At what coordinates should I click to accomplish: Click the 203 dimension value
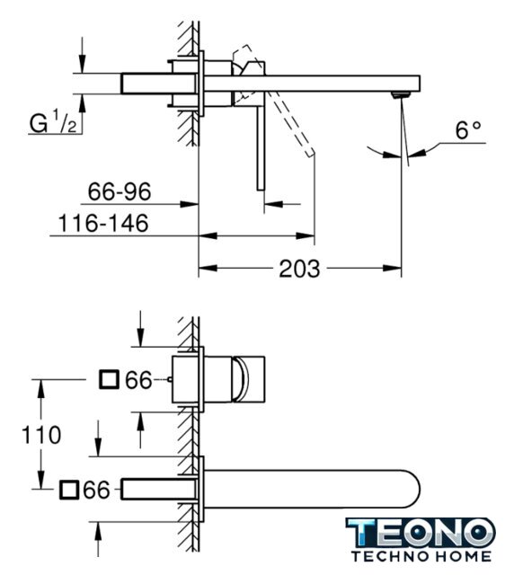299,269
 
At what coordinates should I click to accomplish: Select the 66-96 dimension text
120,191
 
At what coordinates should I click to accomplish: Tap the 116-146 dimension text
103,223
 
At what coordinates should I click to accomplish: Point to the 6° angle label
467,130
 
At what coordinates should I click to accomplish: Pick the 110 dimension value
41,435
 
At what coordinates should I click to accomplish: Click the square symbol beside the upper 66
110,379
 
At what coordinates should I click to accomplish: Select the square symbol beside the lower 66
69,490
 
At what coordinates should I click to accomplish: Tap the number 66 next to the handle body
138,380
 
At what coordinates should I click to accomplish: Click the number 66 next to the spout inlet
96,490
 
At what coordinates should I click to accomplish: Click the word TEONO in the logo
421,534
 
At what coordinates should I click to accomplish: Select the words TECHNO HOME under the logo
421,556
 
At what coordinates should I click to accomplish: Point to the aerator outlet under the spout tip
401,95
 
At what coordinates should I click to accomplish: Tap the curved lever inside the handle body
241,379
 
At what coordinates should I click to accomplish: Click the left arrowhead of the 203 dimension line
208,269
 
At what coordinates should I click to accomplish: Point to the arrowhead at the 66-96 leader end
190,204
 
